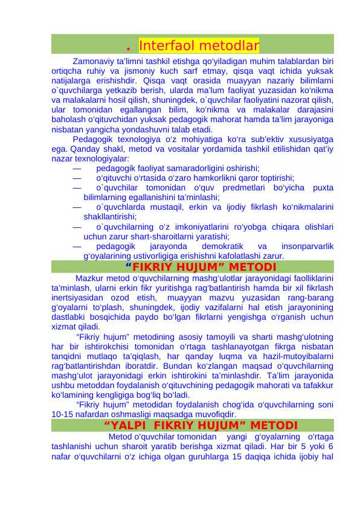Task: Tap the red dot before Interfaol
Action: click(129, 47)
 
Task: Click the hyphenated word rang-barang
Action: click(309, 297)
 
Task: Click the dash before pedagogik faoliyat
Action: click(76, 169)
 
